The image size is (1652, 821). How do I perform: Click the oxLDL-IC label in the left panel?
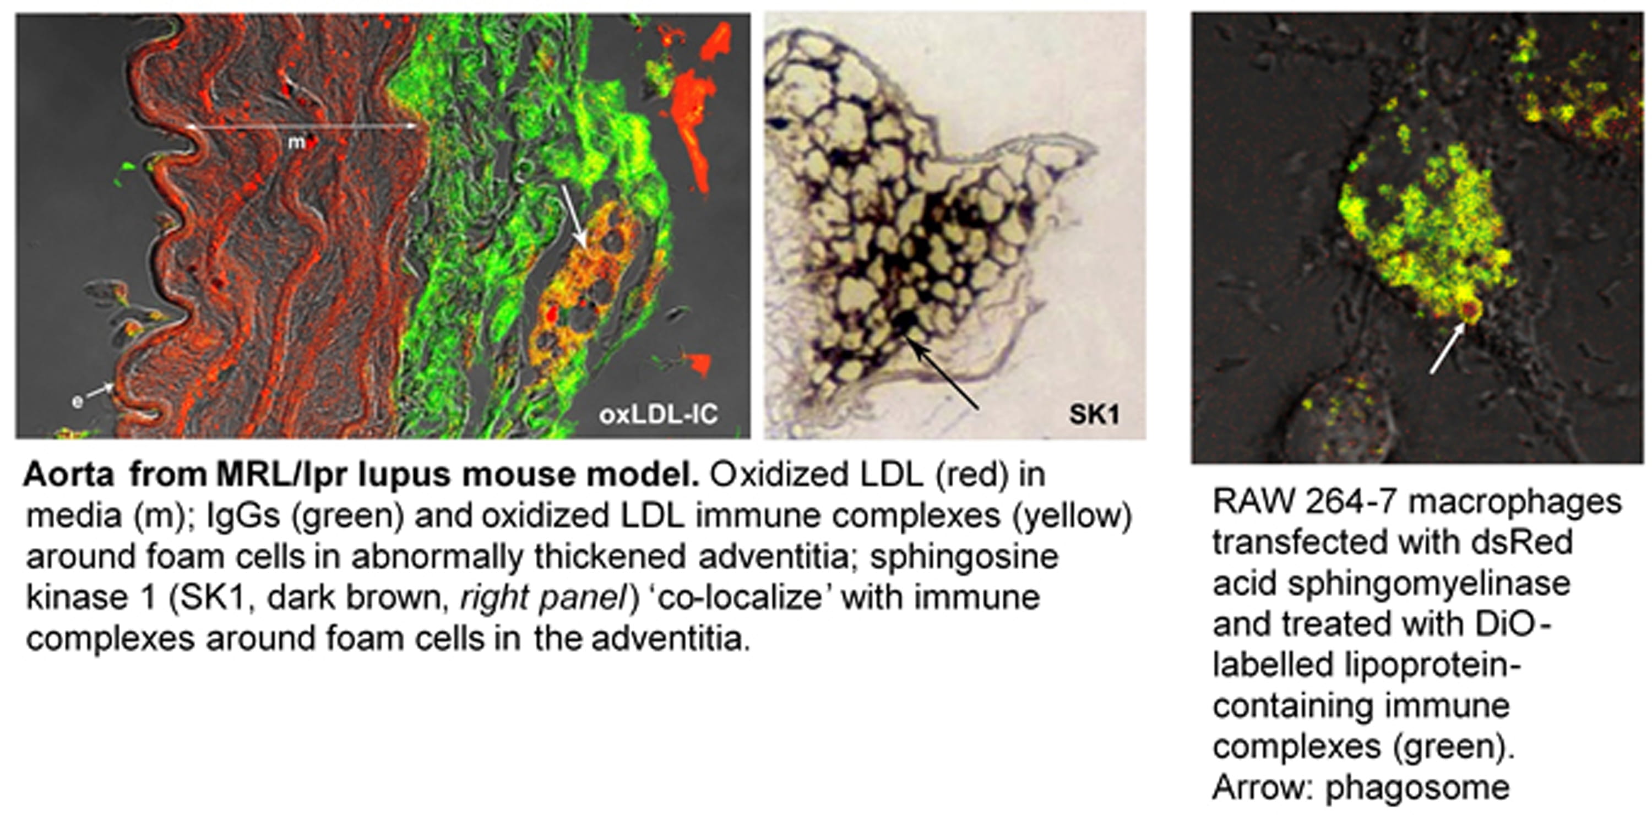[x=659, y=415]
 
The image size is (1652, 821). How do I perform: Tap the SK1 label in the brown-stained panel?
[x=1094, y=415]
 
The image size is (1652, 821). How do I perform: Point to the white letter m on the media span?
[x=296, y=143]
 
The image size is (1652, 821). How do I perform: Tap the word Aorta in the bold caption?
[x=69, y=475]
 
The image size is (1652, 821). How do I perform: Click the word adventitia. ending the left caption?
[x=671, y=639]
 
